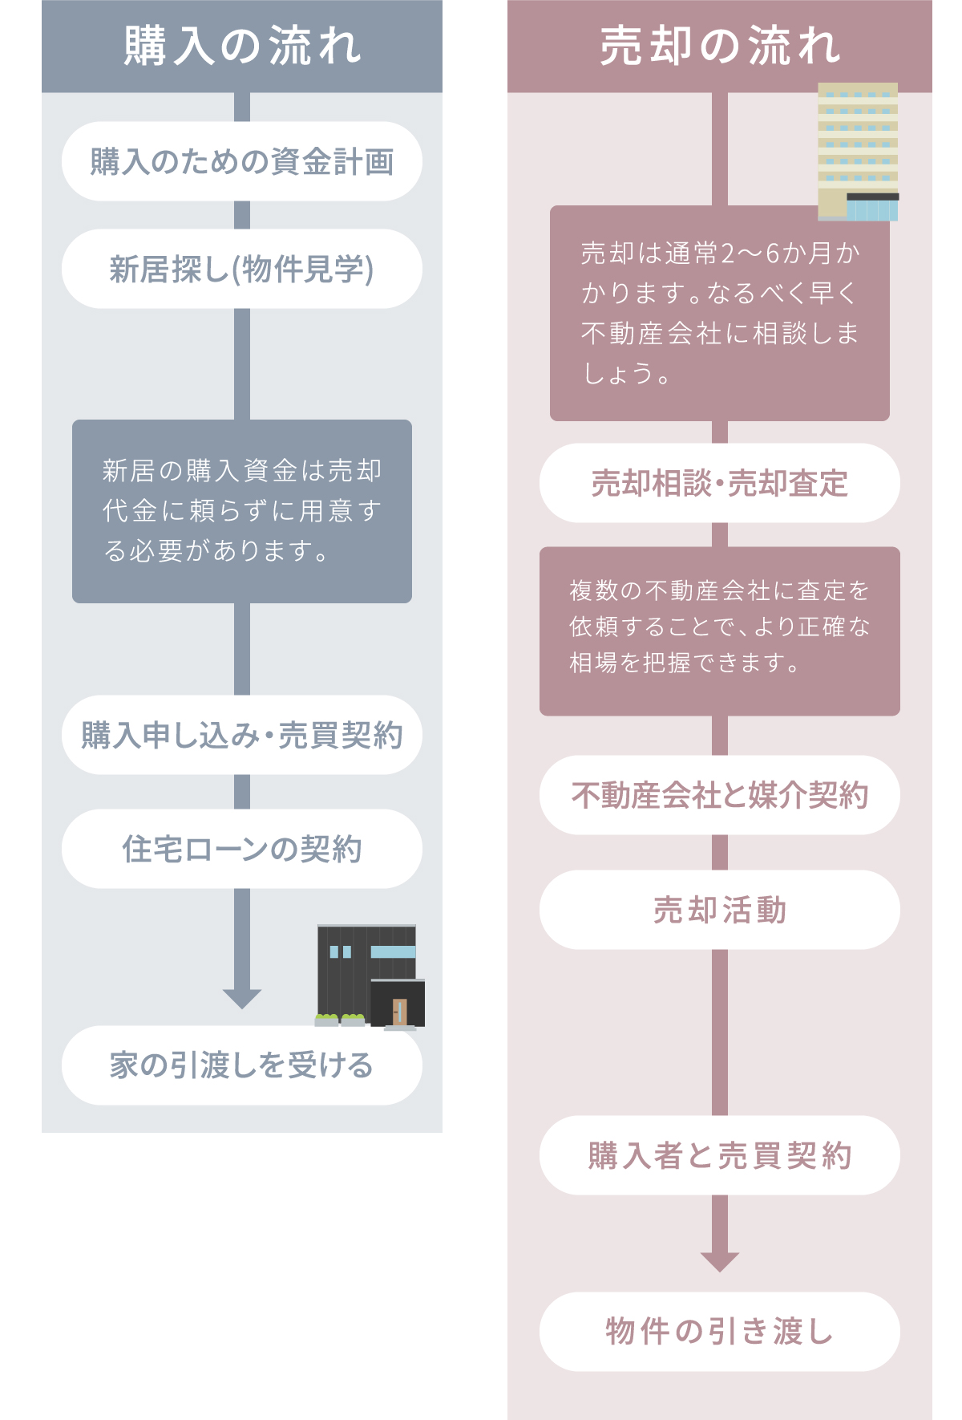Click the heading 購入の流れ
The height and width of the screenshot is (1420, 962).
[242, 46]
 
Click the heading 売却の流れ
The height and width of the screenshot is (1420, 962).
[720, 46]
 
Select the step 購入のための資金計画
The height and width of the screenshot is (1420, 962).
[242, 161]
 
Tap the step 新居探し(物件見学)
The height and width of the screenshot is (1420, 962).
[242, 269]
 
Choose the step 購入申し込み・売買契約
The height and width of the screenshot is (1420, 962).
[242, 735]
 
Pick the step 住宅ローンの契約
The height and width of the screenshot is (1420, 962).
[242, 849]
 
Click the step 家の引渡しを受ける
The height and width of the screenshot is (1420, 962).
[242, 1065]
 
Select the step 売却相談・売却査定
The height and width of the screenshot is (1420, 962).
[720, 483]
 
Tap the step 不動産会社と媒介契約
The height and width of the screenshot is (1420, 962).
[720, 795]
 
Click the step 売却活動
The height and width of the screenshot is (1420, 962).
[720, 910]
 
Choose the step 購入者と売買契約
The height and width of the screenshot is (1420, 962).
[720, 1155]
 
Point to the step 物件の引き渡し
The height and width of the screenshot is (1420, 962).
[720, 1332]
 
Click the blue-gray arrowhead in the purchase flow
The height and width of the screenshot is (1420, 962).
[242, 999]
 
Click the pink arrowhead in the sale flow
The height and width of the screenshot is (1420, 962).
[720, 1262]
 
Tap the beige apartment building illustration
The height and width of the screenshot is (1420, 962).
[858, 152]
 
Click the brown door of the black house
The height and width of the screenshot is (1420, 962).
[400, 1012]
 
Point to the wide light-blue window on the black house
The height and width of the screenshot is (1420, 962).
[393, 952]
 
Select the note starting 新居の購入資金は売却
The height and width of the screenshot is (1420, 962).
[242, 511]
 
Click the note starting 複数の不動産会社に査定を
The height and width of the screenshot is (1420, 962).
[720, 631]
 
